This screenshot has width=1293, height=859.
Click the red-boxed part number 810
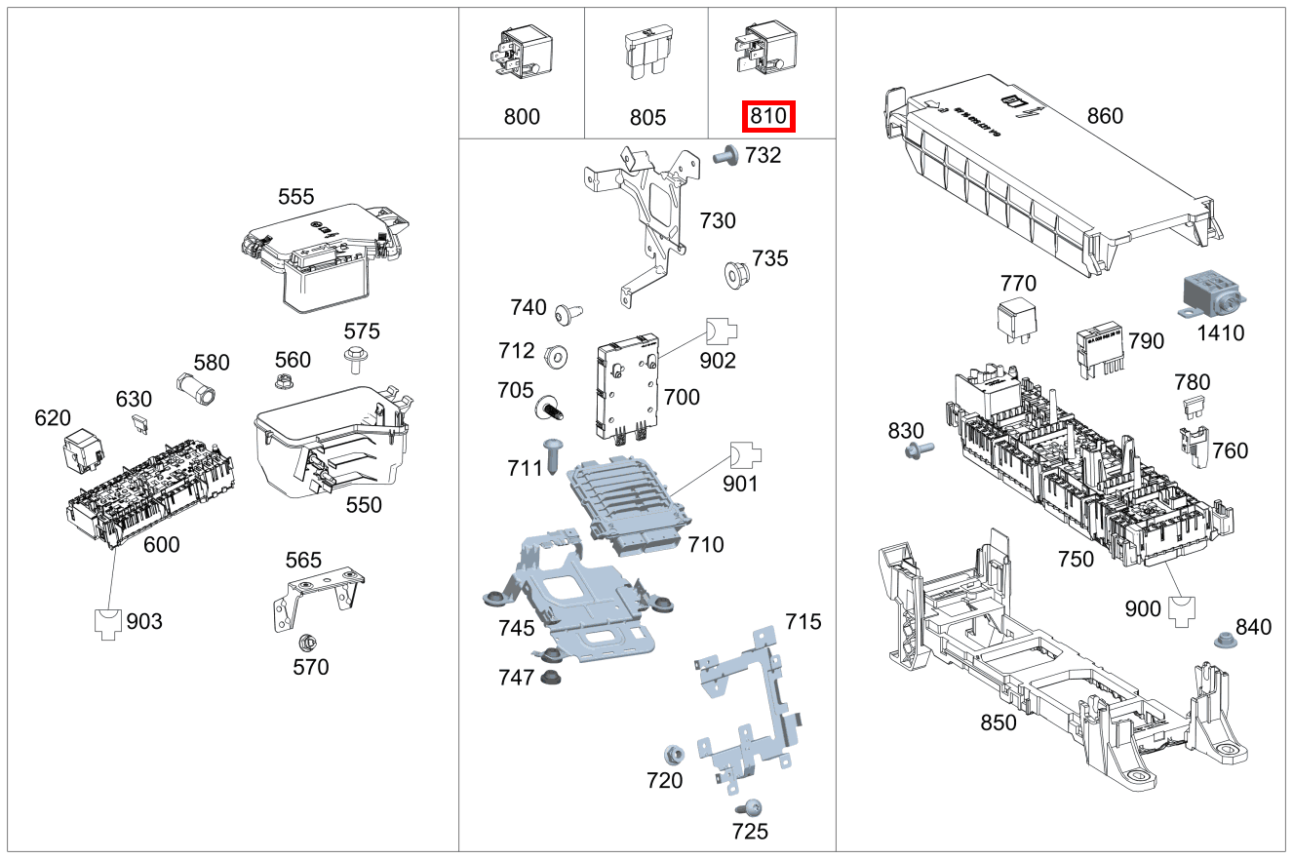click(x=769, y=117)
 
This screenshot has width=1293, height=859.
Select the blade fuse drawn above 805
click(x=645, y=54)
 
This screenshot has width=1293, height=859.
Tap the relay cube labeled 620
click(x=82, y=452)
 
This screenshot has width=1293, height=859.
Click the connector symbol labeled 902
click(x=721, y=332)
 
